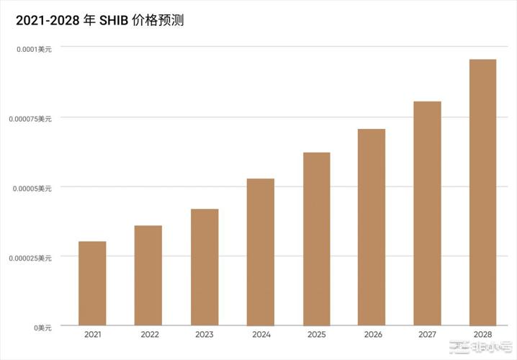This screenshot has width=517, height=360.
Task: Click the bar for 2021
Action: (x=92, y=283)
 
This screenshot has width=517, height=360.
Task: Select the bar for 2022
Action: (x=148, y=275)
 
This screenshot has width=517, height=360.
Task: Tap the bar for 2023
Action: (x=204, y=266)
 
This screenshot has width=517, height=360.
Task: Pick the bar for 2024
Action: (x=261, y=251)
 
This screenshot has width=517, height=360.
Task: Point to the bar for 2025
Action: (x=317, y=238)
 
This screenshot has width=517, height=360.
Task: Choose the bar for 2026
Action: (x=372, y=227)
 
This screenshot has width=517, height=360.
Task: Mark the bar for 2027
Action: (x=427, y=213)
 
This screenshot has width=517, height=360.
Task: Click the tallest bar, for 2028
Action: (x=482, y=192)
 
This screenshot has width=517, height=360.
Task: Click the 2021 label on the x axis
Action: (x=92, y=335)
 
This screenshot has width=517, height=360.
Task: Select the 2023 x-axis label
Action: (x=204, y=335)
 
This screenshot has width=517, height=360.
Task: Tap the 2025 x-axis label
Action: (x=317, y=335)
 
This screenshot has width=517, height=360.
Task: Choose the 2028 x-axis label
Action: (x=482, y=335)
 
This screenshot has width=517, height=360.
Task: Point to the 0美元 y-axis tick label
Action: (x=41, y=328)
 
